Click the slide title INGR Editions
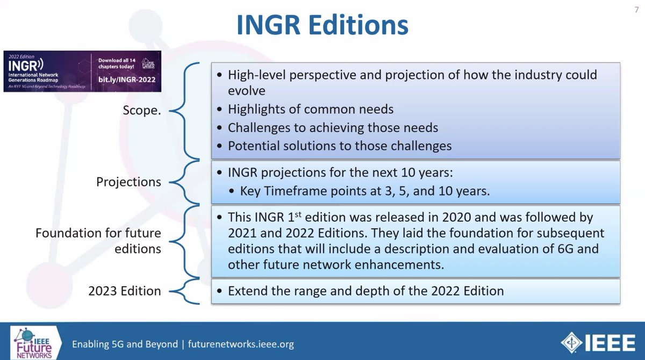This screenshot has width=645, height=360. point(322,26)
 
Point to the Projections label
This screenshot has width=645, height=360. point(128,182)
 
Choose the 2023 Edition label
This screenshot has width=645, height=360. point(125,291)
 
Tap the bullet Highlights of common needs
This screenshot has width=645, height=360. point(311,110)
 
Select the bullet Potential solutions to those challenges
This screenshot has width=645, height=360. point(339,146)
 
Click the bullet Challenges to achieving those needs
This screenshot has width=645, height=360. point(333,128)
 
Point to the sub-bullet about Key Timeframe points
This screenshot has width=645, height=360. point(365,191)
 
